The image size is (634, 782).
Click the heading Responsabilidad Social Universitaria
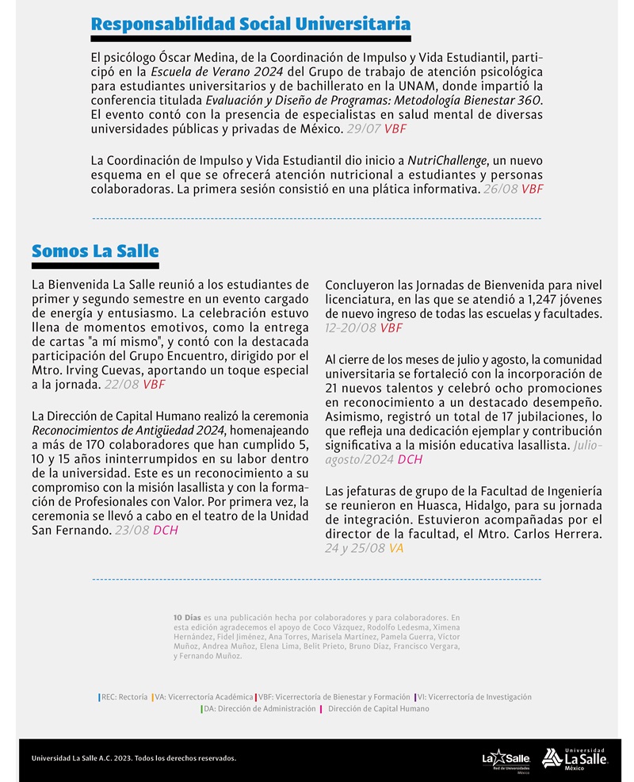(250, 24)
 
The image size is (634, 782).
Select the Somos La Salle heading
(95, 251)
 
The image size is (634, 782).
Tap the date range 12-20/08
(350, 328)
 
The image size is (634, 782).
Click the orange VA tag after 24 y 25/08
(396, 548)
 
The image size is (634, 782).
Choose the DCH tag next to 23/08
(166, 531)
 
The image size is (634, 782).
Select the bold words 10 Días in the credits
(187, 616)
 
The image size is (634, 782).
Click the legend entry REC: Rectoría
(124, 697)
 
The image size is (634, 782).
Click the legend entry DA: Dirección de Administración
(259, 709)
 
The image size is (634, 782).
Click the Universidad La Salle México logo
(575, 759)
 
